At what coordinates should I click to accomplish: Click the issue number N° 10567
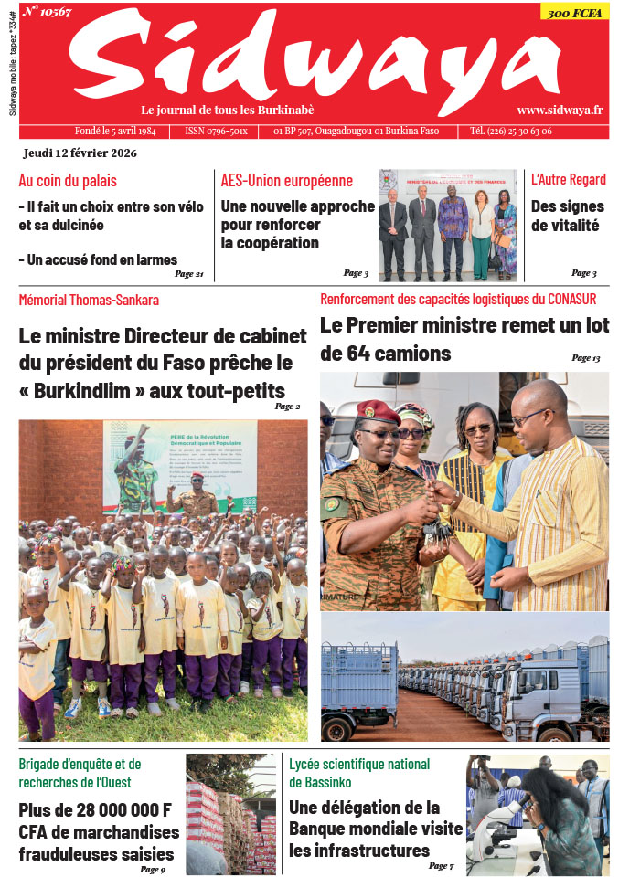coord(48,12)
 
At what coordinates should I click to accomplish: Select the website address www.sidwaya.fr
coord(560,109)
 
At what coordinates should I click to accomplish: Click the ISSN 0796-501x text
coord(216,132)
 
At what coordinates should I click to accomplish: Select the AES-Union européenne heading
coord(286,180)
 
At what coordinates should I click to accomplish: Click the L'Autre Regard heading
coord(568,180)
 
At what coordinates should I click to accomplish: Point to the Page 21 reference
coord(188,274)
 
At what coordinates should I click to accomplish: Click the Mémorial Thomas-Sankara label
coord(89,300)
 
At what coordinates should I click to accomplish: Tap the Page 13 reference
coord(585,358)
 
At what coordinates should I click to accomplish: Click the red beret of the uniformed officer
coord(378,412)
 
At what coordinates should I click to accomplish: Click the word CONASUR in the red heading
coord(566,299)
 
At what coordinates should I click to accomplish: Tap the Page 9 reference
coord(153,869)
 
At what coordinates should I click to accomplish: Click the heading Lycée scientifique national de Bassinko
coord(359,773)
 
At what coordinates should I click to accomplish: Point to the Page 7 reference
coord(441,865)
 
